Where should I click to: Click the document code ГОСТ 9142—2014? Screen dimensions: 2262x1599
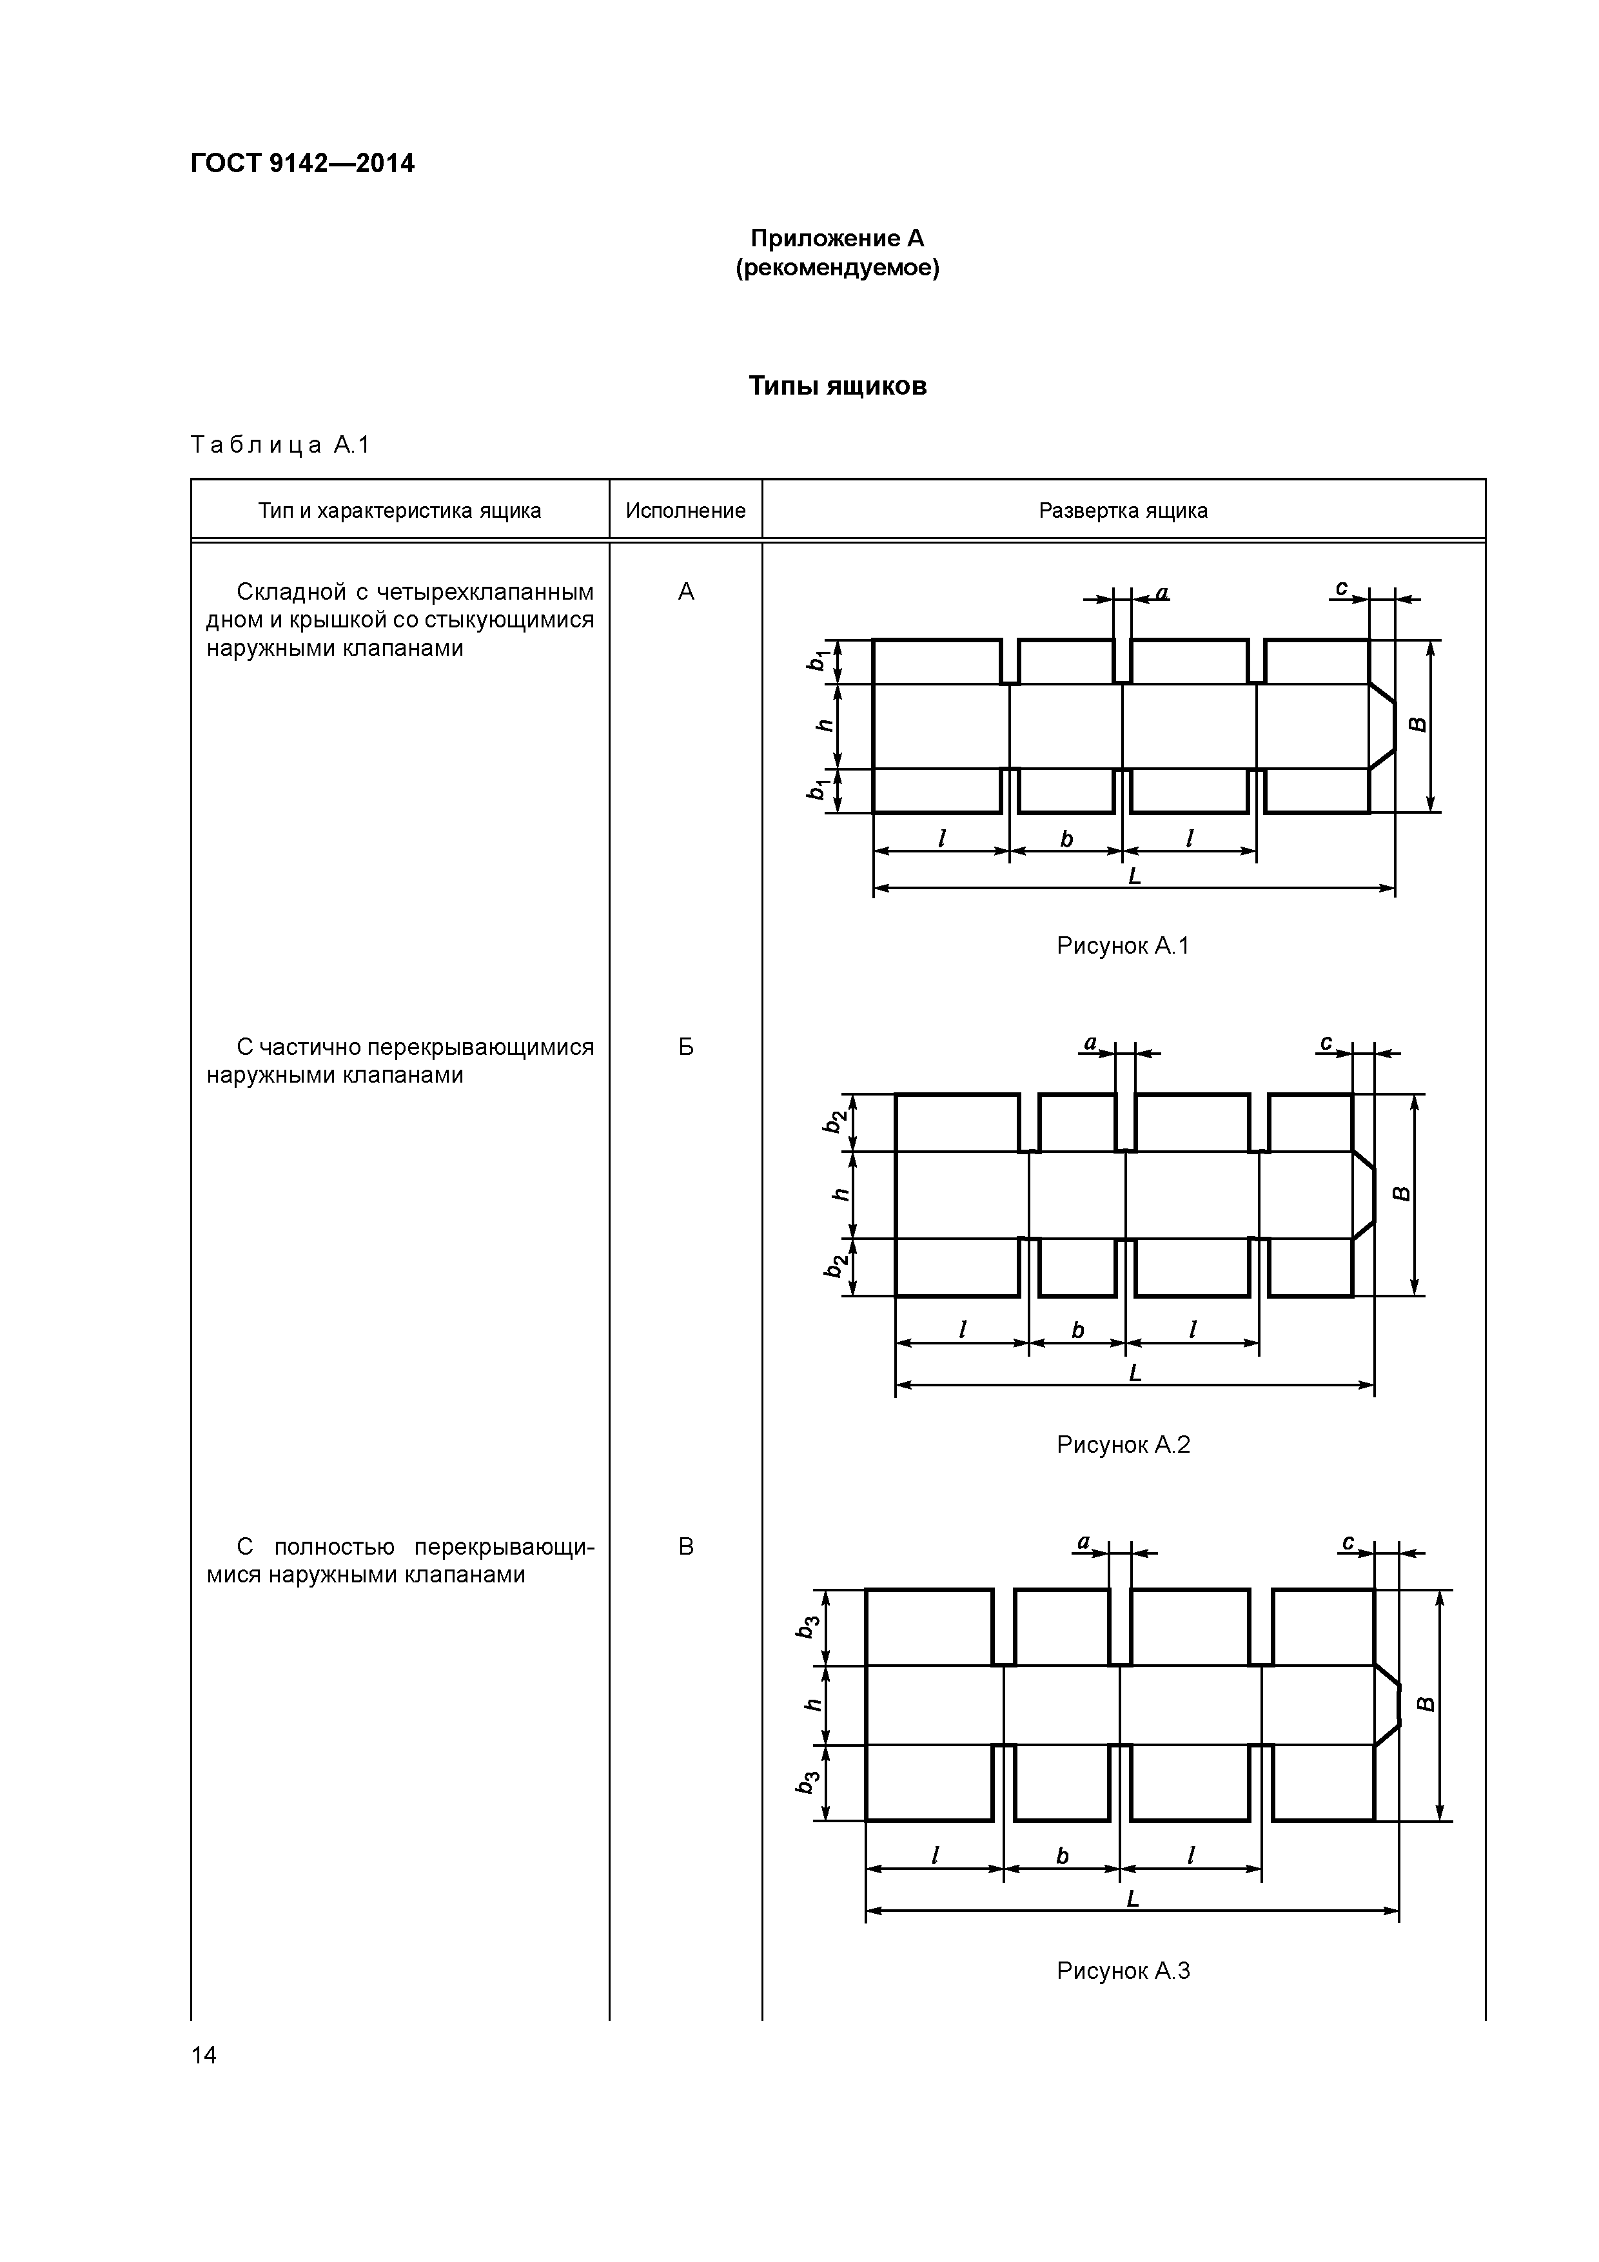point(302,164)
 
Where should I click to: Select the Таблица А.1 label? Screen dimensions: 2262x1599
point(280,446)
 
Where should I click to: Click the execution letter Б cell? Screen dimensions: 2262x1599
point(686,1047)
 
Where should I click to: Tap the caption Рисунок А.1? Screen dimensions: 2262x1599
point(1123,946)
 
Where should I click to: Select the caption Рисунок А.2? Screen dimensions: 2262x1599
point(1123,1445)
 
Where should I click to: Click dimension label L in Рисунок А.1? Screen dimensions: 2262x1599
point(1134,876)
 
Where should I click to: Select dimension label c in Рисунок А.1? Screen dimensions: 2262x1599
point(1341,588)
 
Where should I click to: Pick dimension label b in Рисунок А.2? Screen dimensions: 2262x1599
point(1078,1331)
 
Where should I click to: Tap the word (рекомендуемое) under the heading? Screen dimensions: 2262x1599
point(838,268)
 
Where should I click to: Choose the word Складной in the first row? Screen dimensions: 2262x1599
point(291,592)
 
